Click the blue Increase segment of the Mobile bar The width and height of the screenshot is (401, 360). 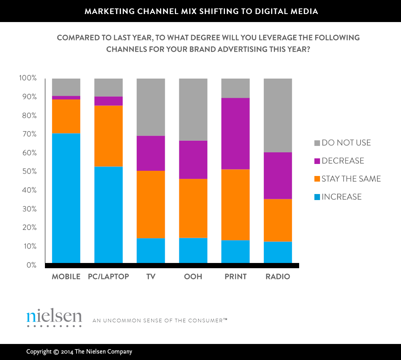point(66,198)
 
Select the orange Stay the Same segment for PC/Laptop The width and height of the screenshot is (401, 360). point(108,136)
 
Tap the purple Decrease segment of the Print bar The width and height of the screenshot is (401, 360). point(235,133)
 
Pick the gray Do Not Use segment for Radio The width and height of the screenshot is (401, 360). point(277,115)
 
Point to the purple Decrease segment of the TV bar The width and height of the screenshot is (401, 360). point(151,153)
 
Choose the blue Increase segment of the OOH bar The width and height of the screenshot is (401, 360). point(193,251)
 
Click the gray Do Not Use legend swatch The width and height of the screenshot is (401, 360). point(317,143)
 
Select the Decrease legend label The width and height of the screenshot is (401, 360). point(343,161)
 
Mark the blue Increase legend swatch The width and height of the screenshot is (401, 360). point(317,197)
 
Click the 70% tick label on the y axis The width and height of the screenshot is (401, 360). point(28,134)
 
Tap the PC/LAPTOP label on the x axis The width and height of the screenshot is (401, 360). point(108,277)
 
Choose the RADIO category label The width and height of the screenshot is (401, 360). point(277,277)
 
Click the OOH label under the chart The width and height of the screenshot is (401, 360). point(193,277)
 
